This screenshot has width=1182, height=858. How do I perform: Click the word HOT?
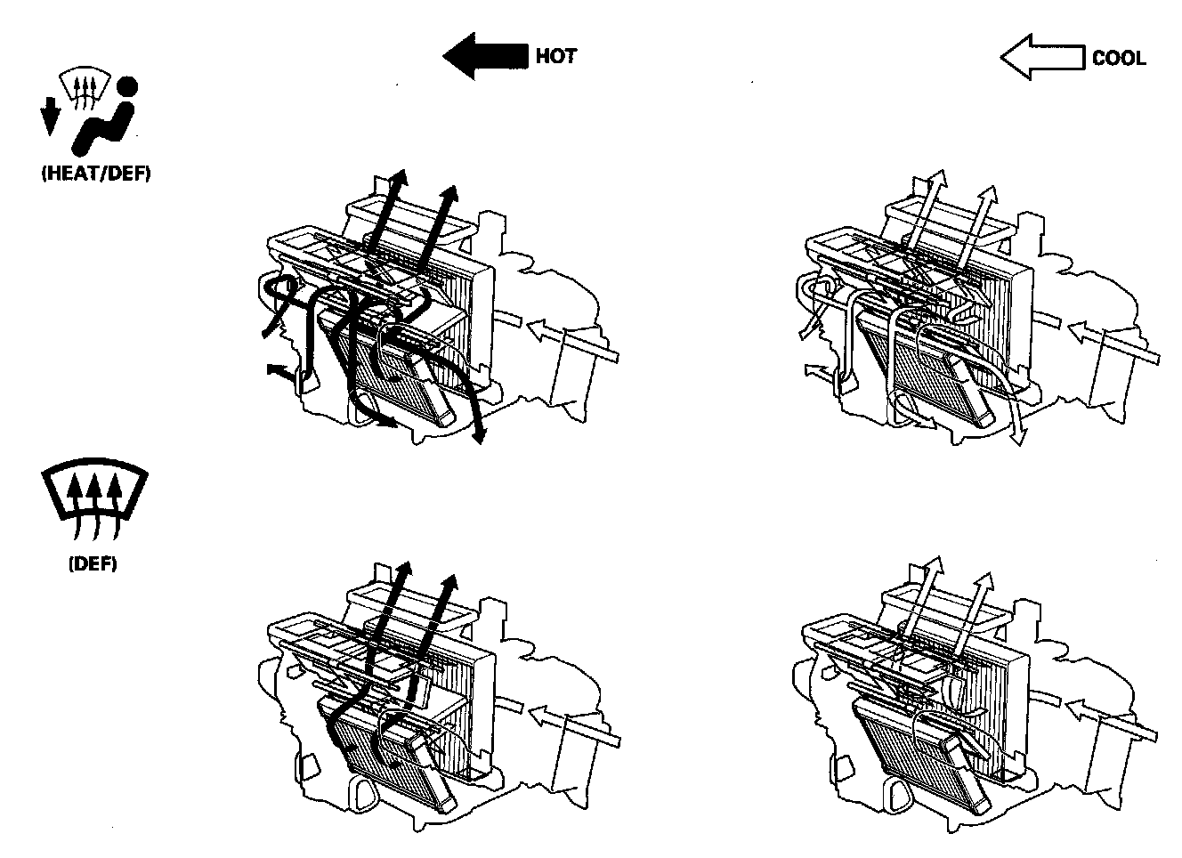555,56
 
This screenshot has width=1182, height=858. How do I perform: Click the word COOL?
1119,59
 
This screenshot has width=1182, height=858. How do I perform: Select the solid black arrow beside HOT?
484,56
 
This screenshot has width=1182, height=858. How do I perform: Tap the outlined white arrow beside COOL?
1042,58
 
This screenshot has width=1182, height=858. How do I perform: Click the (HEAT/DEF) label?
96,174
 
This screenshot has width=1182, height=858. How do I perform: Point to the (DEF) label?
93,564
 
